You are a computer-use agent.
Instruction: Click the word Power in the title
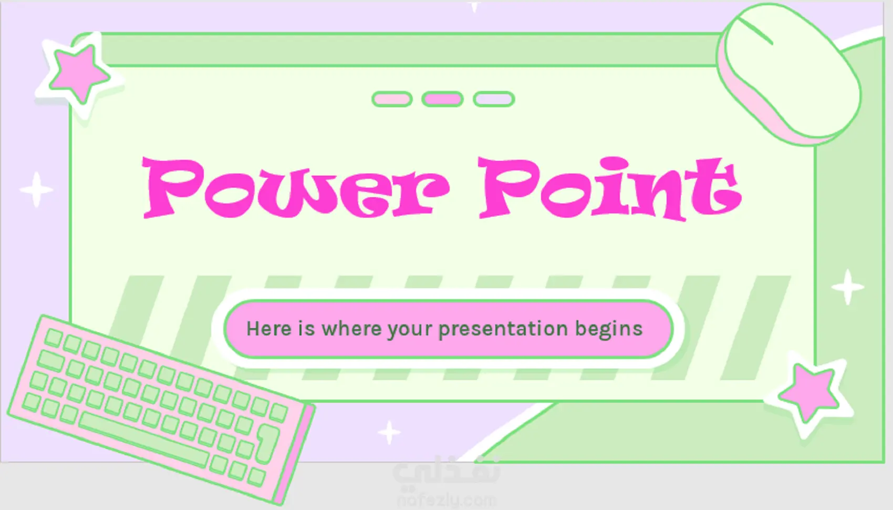tap(296, 188)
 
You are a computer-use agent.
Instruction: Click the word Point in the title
tap(610, 188)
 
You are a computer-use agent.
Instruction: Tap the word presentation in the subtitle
tap(503, 330)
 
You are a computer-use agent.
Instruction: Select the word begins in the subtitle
tap(609, 330)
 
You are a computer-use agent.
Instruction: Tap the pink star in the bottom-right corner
tap(809, 393)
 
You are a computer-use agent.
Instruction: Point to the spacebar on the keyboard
tap(143, 439)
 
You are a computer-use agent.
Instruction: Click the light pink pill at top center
tap(392, 99)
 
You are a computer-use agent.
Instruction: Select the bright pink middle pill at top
tap(442, 99)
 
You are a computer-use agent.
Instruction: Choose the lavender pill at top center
tap(494, 99)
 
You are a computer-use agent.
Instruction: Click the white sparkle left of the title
tap(36, 190)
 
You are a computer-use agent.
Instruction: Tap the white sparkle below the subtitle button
tap(389, 432)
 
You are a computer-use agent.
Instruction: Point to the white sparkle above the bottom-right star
tap(847, 287)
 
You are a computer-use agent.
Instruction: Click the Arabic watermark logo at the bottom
tap(446, 471)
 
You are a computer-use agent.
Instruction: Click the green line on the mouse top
tap(755, 31)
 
